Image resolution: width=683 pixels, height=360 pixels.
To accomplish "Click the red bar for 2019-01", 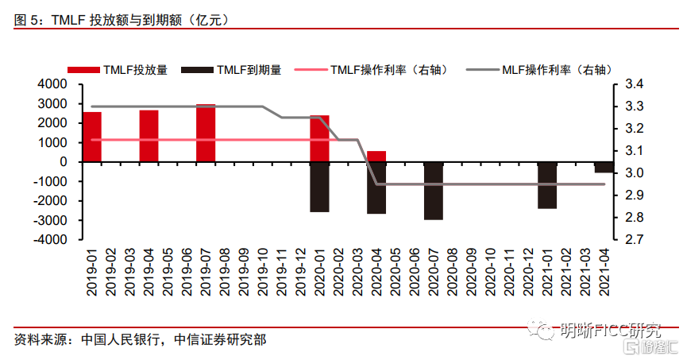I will point(92,137).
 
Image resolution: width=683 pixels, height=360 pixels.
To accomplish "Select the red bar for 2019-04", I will point(149,136).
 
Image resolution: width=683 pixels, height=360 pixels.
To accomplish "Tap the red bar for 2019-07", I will point(206,133).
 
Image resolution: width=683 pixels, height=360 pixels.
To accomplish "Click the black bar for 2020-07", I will point(434,191).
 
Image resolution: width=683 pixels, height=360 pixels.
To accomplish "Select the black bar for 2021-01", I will point(547,185).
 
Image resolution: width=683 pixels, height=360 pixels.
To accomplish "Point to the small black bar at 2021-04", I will point(604,167).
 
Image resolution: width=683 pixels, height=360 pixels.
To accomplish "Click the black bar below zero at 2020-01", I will point(319,187).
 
